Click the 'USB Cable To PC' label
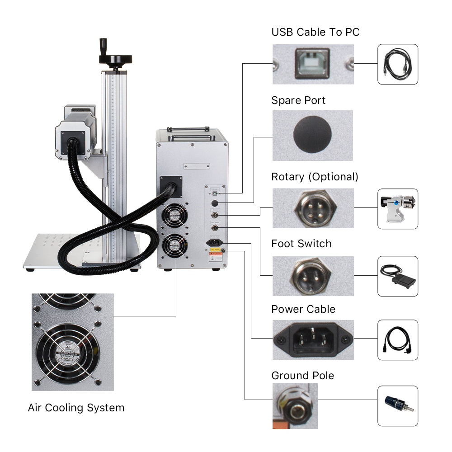point(315,32)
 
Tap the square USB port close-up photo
point(312,64)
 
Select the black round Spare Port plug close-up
point(312,134)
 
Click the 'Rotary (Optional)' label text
point(315,177)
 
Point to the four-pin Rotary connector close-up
point(312,208)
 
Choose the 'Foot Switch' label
point(301,244)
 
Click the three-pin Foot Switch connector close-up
point(312,276)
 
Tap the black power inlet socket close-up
point(313,339)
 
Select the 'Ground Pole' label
point(303,376)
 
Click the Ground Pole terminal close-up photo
point(295,405)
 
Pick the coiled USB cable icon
point(398,64)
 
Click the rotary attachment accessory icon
point(398,208)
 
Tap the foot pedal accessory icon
point(398,276)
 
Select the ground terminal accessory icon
point(398,405)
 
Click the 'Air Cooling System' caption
point(76,408)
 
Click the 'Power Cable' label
point(303,309)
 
